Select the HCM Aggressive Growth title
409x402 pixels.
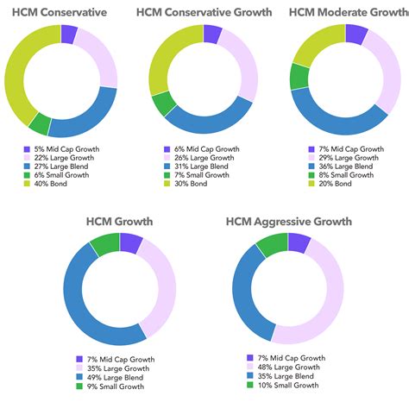288,222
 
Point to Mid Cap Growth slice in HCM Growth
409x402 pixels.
131,244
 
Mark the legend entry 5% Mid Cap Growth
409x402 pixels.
60,149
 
